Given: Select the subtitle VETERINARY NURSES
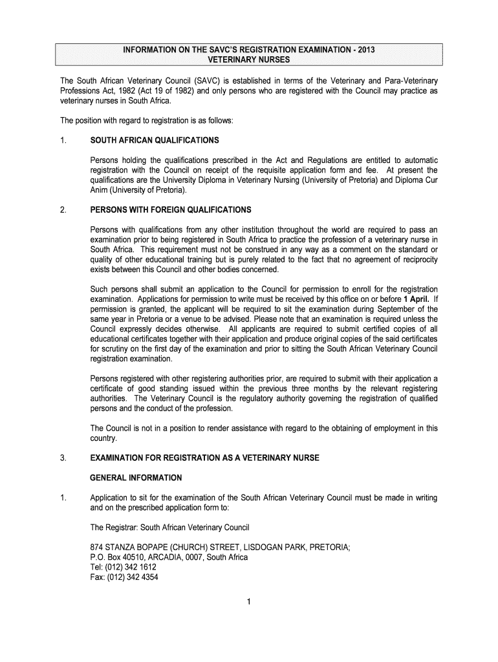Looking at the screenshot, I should (x=248, y=60).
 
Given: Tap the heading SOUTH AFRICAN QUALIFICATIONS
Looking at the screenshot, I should (x=155, y=140).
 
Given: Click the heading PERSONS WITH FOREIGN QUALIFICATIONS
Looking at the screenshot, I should (x=171, y=210).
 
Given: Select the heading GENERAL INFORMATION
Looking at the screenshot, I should (x=136, y=478).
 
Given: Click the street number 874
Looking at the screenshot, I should (x=97, y=547).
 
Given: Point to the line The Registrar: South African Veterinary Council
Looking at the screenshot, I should (x=174, y=527).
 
